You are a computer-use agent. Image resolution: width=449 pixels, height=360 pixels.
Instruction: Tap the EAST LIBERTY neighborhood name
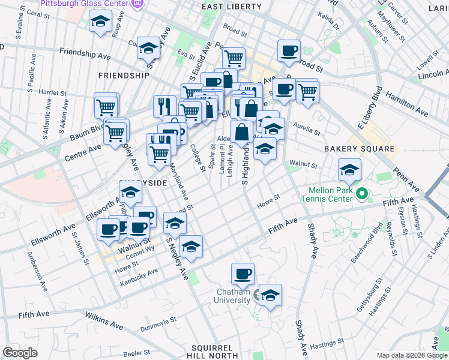pyautogui.click(x=232, y=7)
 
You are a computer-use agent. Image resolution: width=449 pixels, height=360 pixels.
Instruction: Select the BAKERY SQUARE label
pyautogui.click(x=359, y=148)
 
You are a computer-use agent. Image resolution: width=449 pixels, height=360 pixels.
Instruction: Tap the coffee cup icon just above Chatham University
pyautogui.click(x=243, y=274)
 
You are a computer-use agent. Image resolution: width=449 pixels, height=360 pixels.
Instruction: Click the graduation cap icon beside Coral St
pyautogui.click(x=99, y=22)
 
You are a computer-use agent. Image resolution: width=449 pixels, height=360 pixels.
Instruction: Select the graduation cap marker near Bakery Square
pyautogui.click(x=349, y=170)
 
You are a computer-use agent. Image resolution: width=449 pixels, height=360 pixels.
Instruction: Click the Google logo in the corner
pyautogui.click(x=20, y=353)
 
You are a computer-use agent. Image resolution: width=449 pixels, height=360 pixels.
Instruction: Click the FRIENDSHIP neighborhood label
pyautogui.click(x=123, y=76)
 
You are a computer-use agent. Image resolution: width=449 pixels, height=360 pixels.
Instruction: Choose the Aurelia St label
pyautogui.click(x=305, y=127)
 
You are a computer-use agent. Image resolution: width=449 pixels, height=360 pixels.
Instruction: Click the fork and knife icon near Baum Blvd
pyautogui.click(x=164, y=107)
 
